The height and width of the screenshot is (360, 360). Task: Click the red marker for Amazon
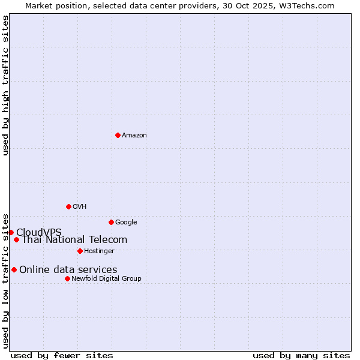tap(118, 135)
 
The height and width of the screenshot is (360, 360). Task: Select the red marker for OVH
tap(68, 206)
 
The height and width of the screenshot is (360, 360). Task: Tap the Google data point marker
tap(111, 222)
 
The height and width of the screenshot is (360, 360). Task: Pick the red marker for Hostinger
tap(80, 251)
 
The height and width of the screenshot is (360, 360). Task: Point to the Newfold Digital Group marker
tap(67, 278)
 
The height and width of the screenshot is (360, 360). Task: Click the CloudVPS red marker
tap(11, 232)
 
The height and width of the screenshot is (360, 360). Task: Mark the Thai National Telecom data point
tap(16, 240)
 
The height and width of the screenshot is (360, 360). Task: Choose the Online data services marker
tap(14, 269)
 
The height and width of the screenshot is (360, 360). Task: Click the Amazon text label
tap(134, 136)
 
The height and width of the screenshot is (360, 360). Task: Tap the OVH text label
tap(80, 207)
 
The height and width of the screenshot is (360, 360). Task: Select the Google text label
tap(126, 223)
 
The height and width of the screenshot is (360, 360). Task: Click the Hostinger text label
tap(99, 251)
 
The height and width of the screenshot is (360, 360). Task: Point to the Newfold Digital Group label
tap(106, 279)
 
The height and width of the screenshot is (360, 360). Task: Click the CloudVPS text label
tap(39, 233)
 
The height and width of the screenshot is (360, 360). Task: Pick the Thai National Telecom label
tap(74, 240)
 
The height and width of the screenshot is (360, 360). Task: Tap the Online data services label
tap(68, 270)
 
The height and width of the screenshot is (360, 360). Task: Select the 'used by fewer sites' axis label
tap(62, 356)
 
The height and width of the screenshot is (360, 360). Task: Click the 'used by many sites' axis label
tap(301, 356)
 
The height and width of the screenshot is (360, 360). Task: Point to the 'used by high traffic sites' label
tap(5, 85)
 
